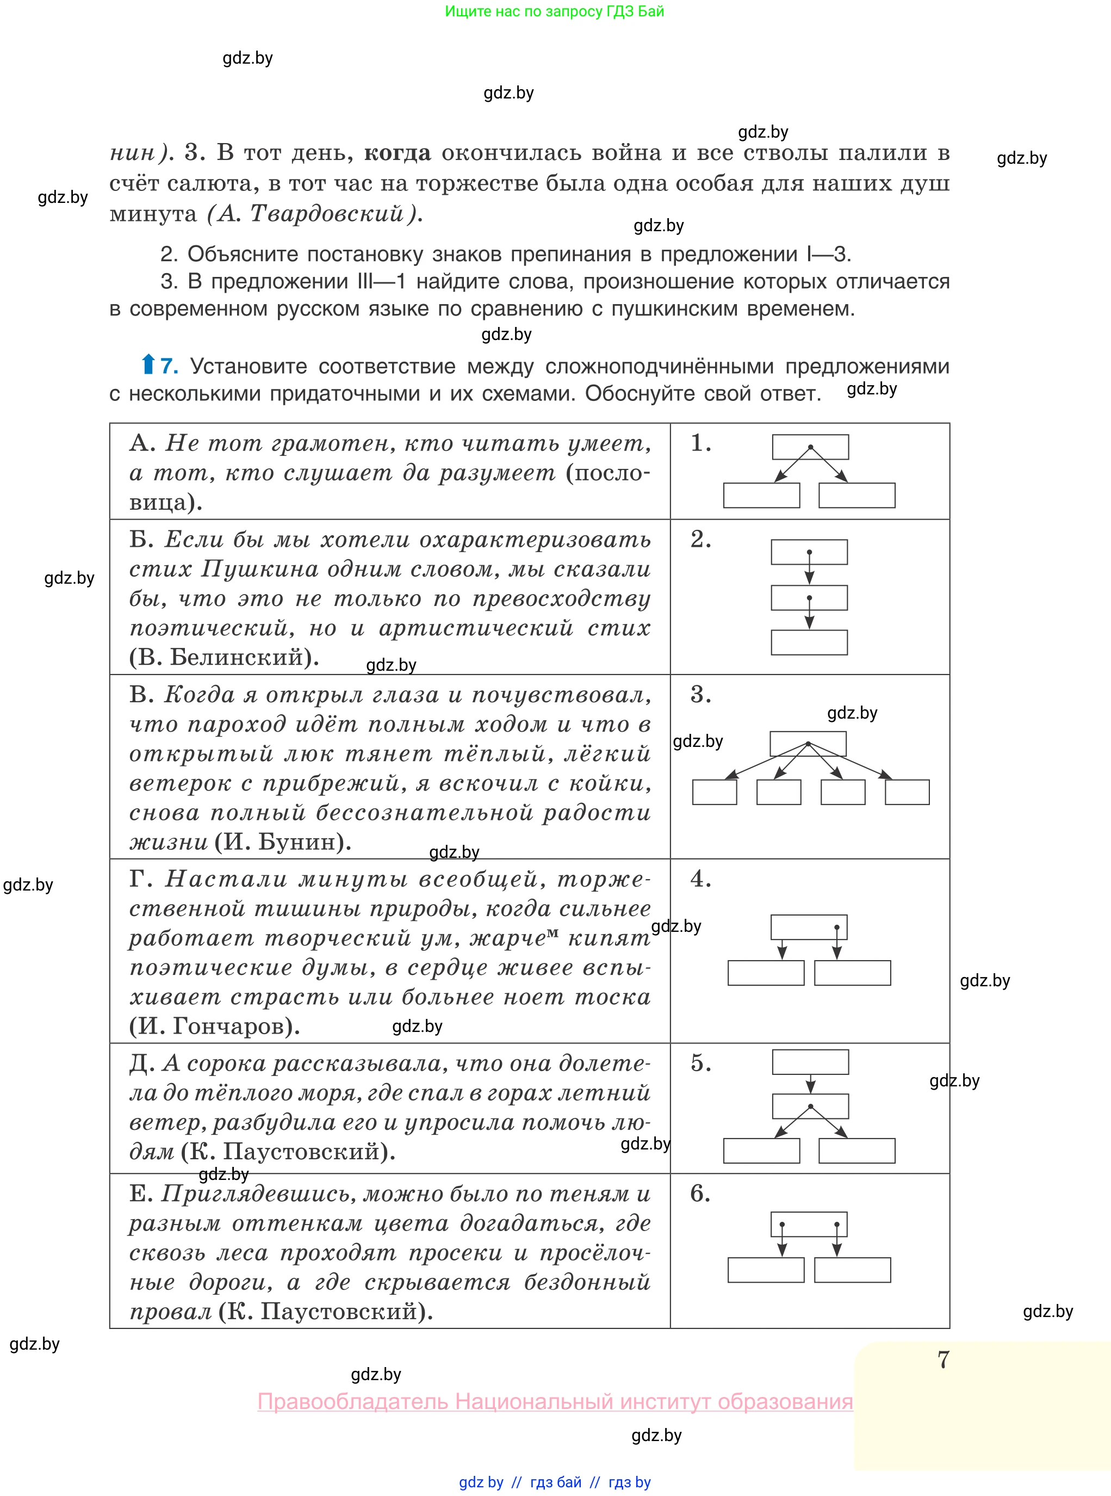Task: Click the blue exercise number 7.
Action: click(169, 366)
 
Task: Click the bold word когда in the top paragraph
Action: click(397, 153)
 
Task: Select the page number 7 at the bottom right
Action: click(943, 1360)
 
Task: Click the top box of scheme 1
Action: click(810, 447)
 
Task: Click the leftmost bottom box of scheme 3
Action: click(714, 792)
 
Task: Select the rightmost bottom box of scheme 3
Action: click(907, 792)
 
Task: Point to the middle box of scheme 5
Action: click(810, 1106)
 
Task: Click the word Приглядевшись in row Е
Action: click(258, 1194)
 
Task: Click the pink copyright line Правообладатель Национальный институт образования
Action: click(555, 1401)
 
